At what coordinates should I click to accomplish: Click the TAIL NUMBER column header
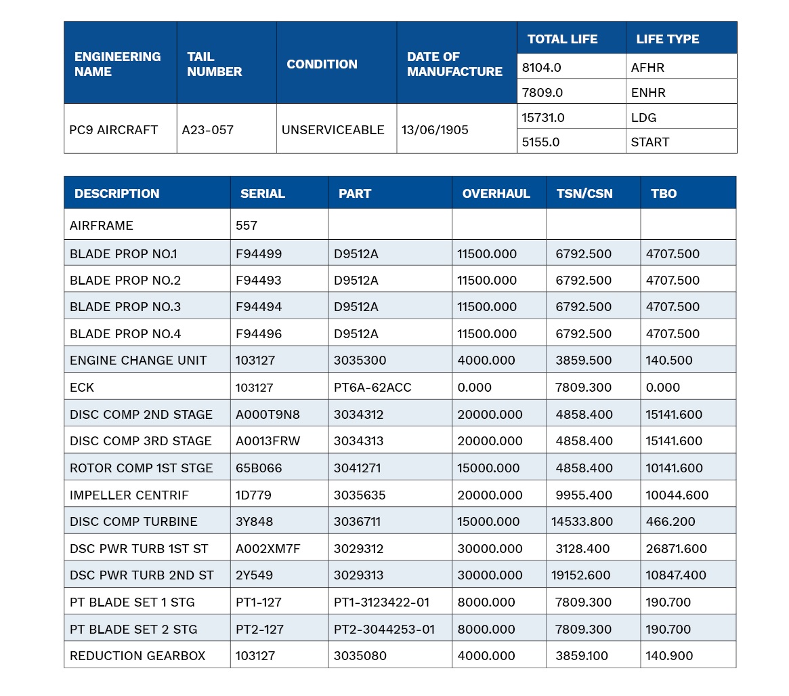215,64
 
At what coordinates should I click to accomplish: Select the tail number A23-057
207,130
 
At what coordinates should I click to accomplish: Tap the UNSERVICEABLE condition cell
333,130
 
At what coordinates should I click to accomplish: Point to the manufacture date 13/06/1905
435,130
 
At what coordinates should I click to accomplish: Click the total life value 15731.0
543,118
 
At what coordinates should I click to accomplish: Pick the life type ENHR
648,93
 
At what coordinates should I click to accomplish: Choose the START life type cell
649,142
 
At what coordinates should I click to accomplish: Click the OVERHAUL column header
496,193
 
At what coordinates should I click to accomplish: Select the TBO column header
663,193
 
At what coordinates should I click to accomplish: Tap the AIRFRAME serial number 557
246,225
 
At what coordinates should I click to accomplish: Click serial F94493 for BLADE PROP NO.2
258,280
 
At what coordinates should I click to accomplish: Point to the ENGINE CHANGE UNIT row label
138,360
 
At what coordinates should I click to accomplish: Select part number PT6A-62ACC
372,387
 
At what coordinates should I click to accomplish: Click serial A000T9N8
268,415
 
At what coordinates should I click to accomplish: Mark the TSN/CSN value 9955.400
584,495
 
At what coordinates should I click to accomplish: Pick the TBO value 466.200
670,521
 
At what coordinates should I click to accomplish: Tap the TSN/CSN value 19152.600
580,575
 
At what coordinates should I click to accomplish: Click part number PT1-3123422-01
381,602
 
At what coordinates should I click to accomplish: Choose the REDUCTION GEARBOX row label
137,655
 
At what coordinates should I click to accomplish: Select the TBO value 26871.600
677,548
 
